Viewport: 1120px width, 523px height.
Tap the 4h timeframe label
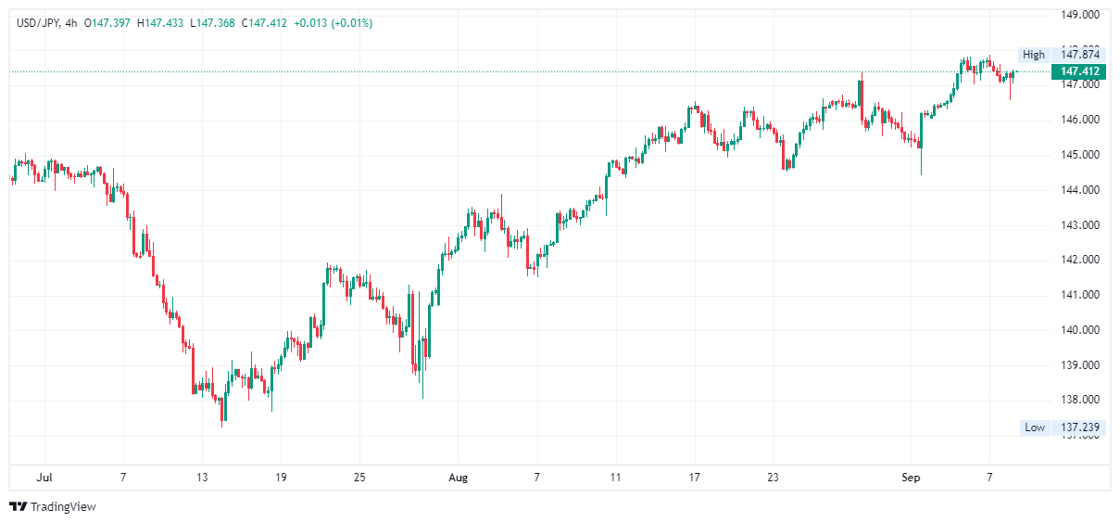tap(70, 23)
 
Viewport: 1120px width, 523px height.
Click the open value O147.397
tap(108, 23)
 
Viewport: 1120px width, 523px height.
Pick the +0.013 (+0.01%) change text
tap(333, 23)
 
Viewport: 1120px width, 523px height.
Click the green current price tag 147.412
tap(1079, 71)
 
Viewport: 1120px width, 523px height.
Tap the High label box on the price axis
tap(1033, 55)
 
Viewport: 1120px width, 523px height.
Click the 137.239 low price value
tap(1080, 427)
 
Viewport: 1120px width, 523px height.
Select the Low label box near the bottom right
tap(1034, 427)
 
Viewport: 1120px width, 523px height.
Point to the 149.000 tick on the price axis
tap(1080, 15)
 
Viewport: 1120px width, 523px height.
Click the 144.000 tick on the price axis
tap(1080, 190)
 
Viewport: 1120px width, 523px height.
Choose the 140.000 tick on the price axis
tap(1080, 330)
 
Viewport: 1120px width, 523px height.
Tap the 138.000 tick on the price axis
tap(1080, 401)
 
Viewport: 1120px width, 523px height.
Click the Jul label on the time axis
tap(43, 478)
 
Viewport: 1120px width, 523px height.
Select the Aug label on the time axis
tap(458, 478)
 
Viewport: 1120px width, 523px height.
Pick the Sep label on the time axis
tap(912, 478)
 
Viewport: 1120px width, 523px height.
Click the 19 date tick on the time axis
tap(281, 478)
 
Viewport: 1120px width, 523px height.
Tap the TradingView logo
tap(53, 507)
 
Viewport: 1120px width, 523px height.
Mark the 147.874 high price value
tap(1080, 55)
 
